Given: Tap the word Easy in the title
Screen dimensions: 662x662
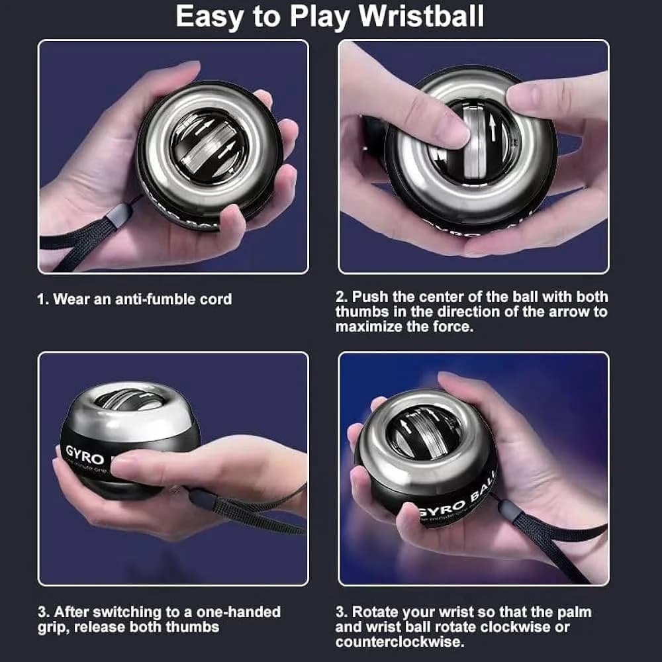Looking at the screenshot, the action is [x=209, y=18].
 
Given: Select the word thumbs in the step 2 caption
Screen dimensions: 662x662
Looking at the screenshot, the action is [x=362, y=312].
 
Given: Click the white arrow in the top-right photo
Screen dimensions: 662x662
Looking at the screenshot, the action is [x=493, y=128].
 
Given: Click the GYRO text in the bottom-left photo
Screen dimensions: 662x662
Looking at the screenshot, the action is [x=85, y=455].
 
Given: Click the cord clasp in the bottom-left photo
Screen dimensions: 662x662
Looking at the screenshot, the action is [x=202, y=498].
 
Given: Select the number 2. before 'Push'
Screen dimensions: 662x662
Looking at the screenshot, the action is [x=342, y=297].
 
